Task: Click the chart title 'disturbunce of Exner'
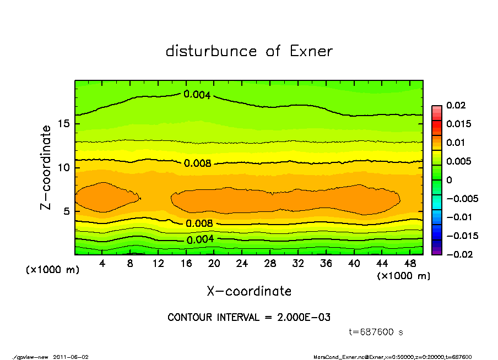point(249,51)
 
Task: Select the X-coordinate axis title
point(249,291)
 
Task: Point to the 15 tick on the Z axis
point(64,124)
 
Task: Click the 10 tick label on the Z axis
point(64,167)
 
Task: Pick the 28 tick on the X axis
point(270,264)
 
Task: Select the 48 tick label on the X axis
point(409,264)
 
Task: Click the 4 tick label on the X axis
point(102,264)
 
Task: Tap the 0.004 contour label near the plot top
point(197,95)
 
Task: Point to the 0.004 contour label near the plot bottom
point(200,239)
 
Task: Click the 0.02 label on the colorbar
point(455,105)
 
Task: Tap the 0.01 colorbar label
point(455,143)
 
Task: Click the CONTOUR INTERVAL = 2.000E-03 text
point(249,318)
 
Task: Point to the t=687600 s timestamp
point(377,332)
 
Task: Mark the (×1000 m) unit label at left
point(50,270)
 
